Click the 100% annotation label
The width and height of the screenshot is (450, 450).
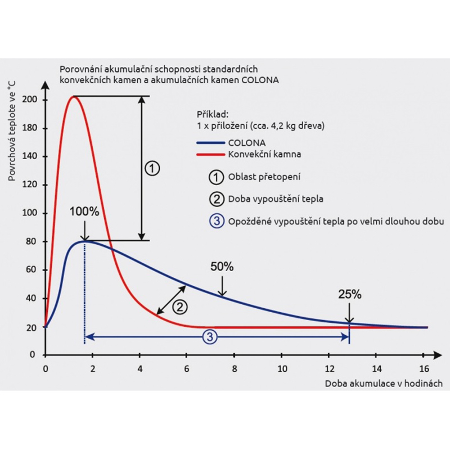[x=84, y=212]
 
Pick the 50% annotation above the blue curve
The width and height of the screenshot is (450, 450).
[x=222, y=267]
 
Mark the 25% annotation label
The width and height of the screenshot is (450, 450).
[x=349, y=294]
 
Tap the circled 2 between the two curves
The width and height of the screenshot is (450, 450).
[x=179, y=307]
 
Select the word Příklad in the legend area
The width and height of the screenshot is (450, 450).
[x=213, y=113]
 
